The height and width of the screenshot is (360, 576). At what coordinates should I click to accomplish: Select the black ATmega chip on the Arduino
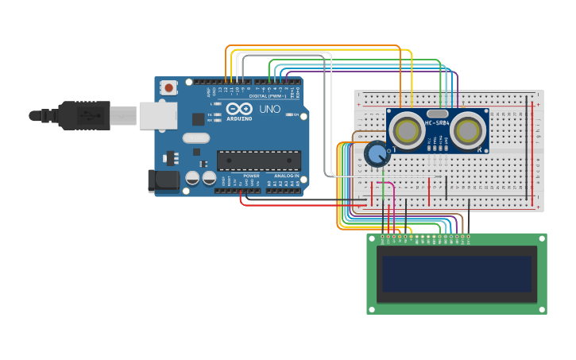259,160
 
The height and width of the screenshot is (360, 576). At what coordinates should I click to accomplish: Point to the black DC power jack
164,180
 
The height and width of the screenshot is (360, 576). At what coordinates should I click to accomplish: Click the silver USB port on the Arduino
157,115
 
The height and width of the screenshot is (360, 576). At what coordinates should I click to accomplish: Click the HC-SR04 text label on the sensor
438,122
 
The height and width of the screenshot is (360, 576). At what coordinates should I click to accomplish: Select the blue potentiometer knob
377,153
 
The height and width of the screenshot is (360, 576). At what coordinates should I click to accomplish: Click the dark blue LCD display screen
456,273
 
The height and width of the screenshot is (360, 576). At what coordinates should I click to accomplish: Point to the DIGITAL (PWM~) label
268,96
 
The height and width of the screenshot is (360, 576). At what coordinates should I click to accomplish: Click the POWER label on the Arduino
251,176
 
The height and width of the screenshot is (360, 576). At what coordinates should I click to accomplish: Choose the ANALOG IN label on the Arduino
286,176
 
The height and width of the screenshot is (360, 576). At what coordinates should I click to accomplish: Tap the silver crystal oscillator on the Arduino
195,138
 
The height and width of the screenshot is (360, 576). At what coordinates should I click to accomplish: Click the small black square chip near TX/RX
198,119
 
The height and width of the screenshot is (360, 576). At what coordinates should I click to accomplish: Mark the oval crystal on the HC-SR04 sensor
438,114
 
